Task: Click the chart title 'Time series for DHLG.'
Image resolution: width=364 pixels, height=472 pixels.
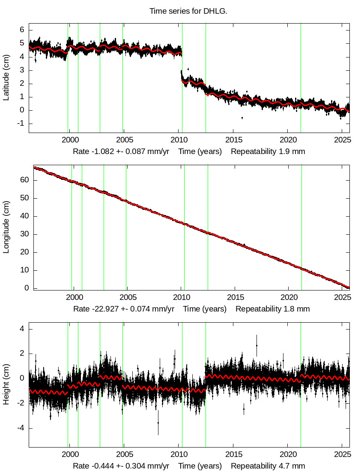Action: (188, 11)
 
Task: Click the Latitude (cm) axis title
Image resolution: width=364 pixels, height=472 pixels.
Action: (6, 78)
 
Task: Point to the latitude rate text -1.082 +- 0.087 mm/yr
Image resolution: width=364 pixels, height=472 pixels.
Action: (124, 151)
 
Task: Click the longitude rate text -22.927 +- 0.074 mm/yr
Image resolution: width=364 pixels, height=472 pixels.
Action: (124, 309)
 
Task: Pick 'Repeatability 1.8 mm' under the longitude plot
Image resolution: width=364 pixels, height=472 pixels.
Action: (272, 309)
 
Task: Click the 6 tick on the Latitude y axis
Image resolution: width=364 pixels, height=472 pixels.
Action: (20, 30)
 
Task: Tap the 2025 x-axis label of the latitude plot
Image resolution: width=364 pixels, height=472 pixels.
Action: (343, 139)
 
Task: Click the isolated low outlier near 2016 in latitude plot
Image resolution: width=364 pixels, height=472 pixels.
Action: (242, 118)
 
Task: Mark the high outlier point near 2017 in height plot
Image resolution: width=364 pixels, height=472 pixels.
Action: (257, 345)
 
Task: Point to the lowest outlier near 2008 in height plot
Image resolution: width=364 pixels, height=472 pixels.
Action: (158, 423)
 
